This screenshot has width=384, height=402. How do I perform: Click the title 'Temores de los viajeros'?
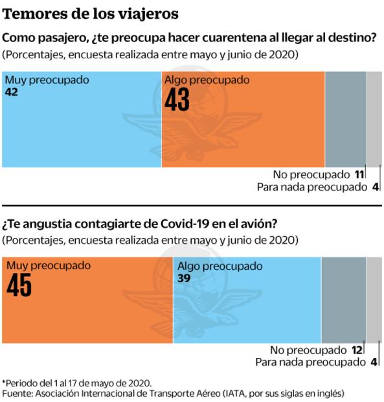coord(91,13)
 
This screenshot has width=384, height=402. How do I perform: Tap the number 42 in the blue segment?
coord(12,93)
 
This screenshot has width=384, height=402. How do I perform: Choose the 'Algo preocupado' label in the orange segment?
coord(207,80)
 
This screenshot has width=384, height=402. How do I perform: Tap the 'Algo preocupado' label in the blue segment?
coord(220,266)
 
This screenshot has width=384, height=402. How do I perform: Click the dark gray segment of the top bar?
coord(345,120)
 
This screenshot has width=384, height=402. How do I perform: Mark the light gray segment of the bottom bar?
coord(375,298)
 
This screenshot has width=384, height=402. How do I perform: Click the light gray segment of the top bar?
coord(375,120)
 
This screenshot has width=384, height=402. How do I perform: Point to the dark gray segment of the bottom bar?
coord(344,298)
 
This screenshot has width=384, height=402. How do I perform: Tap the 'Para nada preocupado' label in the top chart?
coord(311,187)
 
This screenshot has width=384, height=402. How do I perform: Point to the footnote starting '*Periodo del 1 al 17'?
coord(77,382)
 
